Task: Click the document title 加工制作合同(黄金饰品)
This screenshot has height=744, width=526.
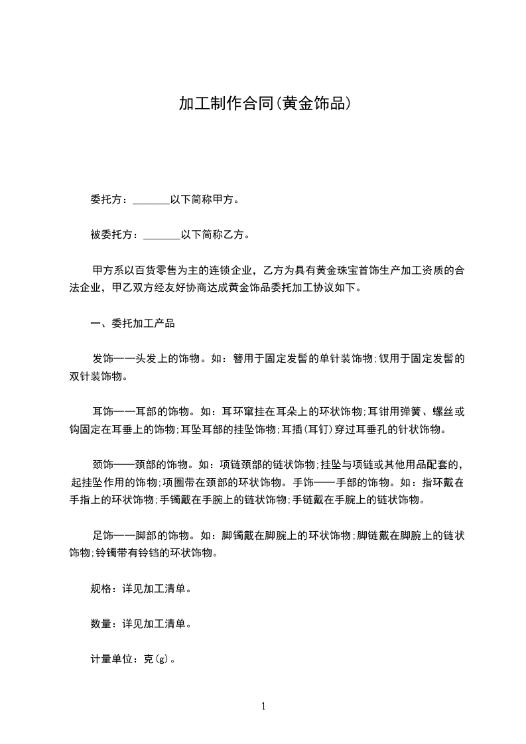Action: (263, 104)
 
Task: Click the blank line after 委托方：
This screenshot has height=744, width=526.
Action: (151, 200)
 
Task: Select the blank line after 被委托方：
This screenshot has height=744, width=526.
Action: (162, 235)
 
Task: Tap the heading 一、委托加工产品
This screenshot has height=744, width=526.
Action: (133, 324)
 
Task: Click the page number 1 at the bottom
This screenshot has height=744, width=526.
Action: (263, 706)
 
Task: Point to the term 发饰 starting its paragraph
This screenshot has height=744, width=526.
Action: (103, 359)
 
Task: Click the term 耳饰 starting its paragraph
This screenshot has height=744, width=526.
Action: (103, 411)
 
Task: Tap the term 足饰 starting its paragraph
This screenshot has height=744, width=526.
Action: (103, 534)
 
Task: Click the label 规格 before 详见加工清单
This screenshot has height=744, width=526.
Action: (100, 588)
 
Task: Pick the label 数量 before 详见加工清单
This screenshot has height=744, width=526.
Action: (100, 623)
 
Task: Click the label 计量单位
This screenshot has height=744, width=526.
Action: (111, 659)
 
